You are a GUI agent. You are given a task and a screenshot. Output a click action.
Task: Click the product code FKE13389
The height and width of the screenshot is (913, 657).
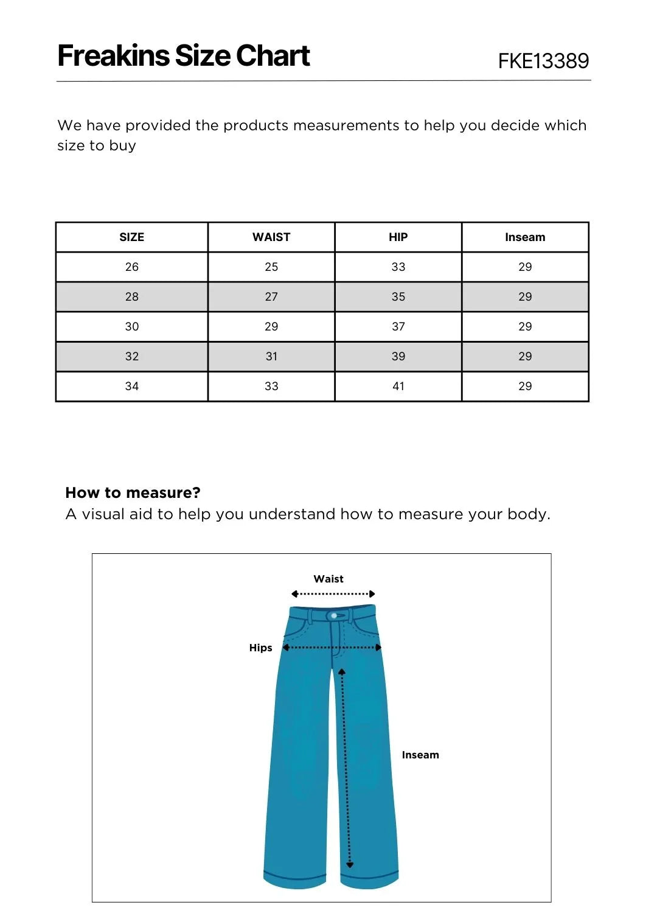pyautogui.click(x=543, y=61)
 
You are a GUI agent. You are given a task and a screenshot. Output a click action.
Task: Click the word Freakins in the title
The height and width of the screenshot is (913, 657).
pyautogui.click(x=113, y=56)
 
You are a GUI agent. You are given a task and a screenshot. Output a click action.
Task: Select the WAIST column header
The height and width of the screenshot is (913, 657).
pyautogui.click(x=271, y=237)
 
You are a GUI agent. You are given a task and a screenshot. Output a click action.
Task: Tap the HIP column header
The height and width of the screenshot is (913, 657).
pyautogui.click(x=398, y=237)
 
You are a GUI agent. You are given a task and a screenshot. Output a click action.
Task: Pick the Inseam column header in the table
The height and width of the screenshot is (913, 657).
pyautogui.click(x=525, y=237)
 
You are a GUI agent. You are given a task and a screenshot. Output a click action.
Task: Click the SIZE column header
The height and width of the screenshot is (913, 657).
pyautogui.click(x=131, y=237)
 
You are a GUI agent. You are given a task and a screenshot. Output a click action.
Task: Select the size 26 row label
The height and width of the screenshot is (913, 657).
pyautogui.click(x=131, y=267)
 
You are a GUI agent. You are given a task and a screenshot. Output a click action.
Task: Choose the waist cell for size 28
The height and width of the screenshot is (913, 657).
pyautogui.click(x=271, y=297)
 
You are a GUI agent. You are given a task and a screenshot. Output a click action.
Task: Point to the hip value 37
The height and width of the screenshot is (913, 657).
pyautogui.click(x=398, y=327)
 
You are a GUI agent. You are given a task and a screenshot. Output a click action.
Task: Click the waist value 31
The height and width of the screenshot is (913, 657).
pyautogui.click(x=271, y=357)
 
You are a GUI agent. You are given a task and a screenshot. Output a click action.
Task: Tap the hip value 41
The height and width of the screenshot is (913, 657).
pyautogui.click(x=398, y=387)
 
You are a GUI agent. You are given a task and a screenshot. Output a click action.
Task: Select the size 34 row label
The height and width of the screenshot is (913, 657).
pyautogui.click(x=131, y=387)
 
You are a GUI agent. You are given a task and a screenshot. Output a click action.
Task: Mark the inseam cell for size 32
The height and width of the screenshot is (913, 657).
pyautogui.click(x=525, y=357)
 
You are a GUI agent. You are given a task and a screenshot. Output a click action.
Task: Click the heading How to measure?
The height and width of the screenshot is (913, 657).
pyautogui.click(x=133, y=492)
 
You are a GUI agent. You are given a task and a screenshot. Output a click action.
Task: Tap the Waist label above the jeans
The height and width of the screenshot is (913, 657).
pyautogui.click(x=328, y=579)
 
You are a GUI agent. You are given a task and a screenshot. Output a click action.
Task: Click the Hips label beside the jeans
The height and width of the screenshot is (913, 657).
pyautogui.click(x=260, y=648)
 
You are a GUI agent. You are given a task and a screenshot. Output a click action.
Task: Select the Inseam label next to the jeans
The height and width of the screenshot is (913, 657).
pyautogui.click(x=420, y=755)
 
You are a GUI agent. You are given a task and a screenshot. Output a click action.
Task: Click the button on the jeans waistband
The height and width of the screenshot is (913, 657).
pyautogui.click(x=334, y=616)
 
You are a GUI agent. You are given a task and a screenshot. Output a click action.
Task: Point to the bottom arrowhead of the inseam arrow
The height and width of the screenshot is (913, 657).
pyautogui.click(x=350, y=864)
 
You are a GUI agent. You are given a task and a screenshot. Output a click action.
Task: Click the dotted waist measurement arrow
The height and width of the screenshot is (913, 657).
pyautogui.click(x=333, y=594)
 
